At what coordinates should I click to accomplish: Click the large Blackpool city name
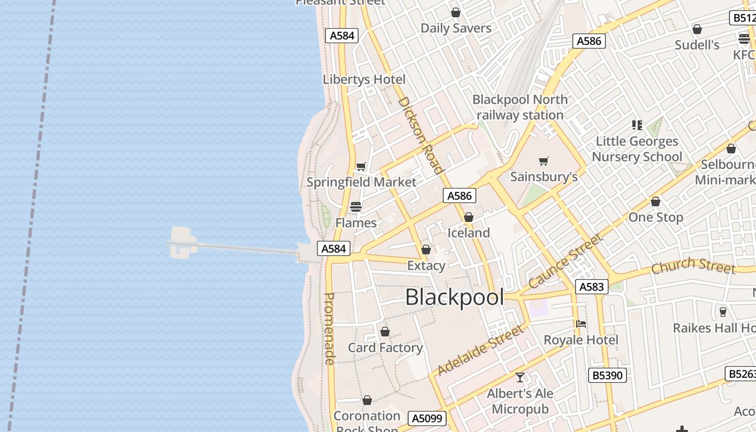454,298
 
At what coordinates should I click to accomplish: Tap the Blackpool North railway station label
520,107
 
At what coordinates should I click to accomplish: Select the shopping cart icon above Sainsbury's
544,161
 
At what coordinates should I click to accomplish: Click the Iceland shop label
469,233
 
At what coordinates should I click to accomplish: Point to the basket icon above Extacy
426,249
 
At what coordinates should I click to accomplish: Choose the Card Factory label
385,348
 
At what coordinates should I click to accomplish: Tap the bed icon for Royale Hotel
581,324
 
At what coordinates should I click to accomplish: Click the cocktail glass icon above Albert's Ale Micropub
520,377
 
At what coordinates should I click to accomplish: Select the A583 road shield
591,287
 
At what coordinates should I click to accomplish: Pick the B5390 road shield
607,375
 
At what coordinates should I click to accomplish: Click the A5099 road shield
428,418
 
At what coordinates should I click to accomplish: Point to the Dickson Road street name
420,136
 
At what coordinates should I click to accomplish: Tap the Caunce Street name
565,261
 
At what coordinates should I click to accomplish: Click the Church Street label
693,266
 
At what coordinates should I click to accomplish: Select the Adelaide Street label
480,350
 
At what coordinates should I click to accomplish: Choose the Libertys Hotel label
364,79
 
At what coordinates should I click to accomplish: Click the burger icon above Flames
355,207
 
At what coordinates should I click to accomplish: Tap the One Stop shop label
656,217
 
